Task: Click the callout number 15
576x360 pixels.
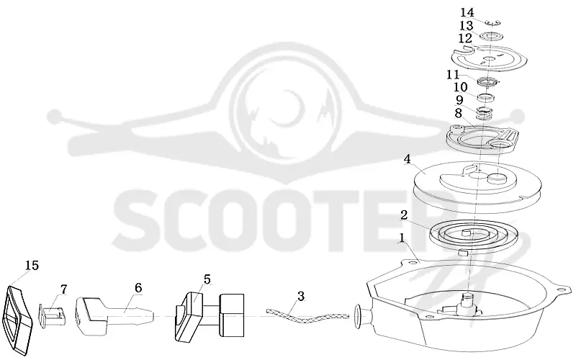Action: pos(32,265)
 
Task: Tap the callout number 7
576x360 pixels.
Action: pos(64,289)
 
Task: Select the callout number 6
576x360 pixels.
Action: pos(138,287)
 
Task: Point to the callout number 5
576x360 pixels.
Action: pos(207,279)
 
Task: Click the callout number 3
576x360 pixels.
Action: pos(301,296)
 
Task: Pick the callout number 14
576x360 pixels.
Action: pos(467,12)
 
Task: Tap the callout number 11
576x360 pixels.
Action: pos(453,75)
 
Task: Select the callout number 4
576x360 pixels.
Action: pos(407,159)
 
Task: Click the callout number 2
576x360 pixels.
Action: pos(404,215)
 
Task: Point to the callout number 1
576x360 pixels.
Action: pos(402,238)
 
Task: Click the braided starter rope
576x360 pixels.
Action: pos(307,316)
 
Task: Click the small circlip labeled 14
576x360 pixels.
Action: pos(492,23)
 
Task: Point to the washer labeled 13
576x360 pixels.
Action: pos(491,36)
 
